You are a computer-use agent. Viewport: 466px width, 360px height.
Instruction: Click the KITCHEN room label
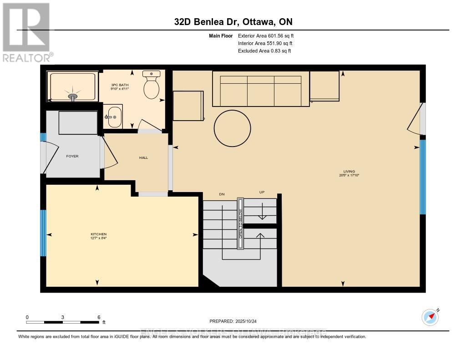point(98,234)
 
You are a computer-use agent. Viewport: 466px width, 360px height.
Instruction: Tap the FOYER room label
point(72,156)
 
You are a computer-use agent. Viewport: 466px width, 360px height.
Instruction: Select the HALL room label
point(143,157)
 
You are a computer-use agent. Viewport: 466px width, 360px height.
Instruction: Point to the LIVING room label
point(349,171)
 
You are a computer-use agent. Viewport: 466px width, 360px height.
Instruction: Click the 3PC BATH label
point(121,85)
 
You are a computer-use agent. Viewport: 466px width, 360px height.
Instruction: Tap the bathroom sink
point(113,117)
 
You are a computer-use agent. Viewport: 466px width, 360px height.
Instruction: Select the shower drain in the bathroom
point(73,96)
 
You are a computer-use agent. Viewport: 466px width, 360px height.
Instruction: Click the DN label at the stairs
point(222,194)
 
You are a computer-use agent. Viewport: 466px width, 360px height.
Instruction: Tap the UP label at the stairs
point(262,193)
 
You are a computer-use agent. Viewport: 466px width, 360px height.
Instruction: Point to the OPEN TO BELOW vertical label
point(240,223)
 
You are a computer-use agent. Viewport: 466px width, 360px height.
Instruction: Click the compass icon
point(430,317)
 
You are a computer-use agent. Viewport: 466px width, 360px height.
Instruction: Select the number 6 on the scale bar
point(98,317)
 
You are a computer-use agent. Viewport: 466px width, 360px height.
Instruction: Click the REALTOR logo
point(26,32)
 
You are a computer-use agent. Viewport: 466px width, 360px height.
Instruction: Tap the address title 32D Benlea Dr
point(233,22)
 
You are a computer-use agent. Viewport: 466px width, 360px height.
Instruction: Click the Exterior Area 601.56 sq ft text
point(268,35)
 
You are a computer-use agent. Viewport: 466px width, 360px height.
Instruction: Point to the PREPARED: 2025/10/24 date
point(233,320)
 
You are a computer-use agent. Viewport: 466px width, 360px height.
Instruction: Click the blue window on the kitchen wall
point(43,233)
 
